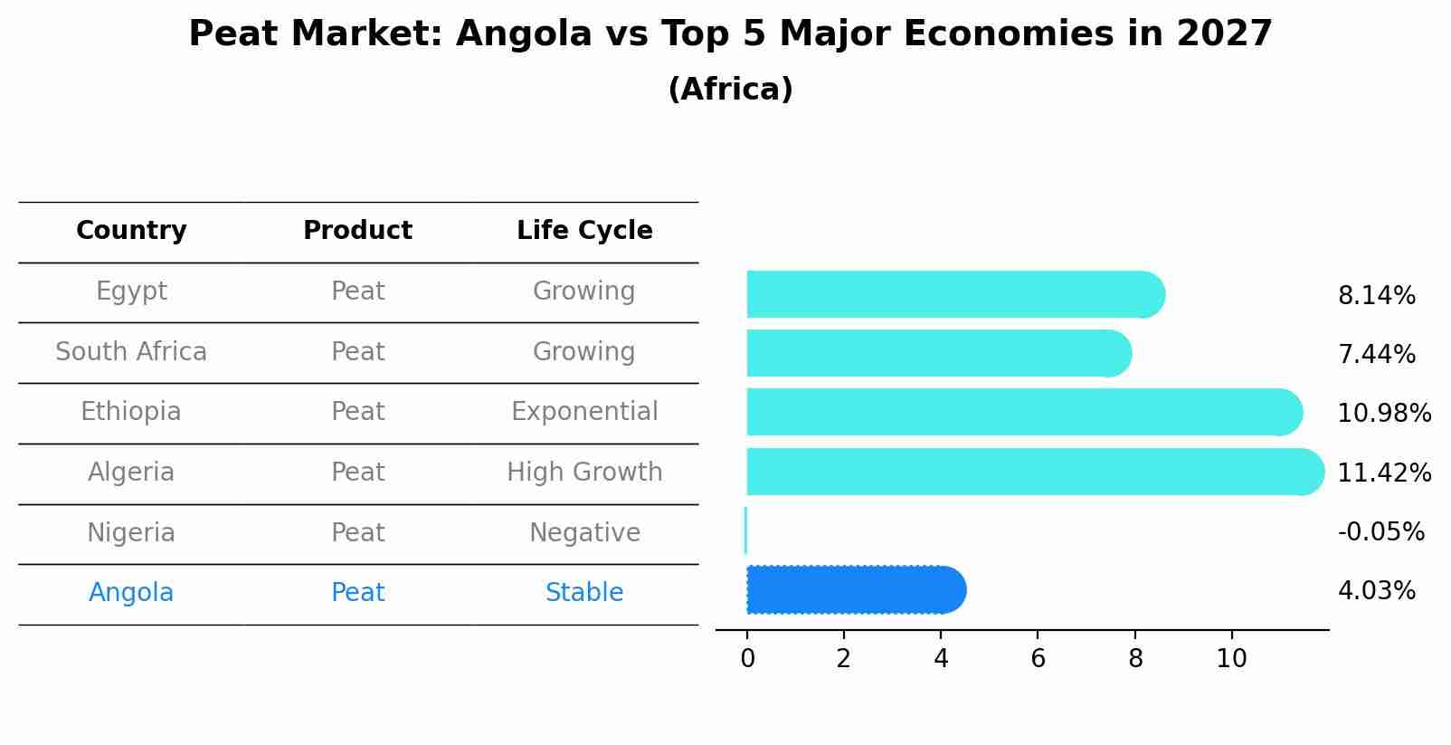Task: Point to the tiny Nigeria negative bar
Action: (x=745, y=530)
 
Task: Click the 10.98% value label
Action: (x=1383, y=414)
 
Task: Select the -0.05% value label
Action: (x=1380, y=531)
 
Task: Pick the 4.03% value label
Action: (x=1376, y=591)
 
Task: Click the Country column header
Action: (x=131, y=231)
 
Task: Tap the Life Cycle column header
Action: (x=584, y=231)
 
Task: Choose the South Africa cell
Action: (x=131, y=352)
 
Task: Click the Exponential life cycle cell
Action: (x=584, y=412)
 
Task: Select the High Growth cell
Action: (x=584, y=473)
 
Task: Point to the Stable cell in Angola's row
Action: (x=584, y=593)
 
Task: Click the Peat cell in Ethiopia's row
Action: (x=357, y=412)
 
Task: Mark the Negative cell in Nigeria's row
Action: (x=584, y=533)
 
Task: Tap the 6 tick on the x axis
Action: (x=1038, y=658)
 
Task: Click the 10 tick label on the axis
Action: (x=1231, y=658)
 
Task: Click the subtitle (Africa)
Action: (x=730, y=90)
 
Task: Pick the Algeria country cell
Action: (x=131, y=473)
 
